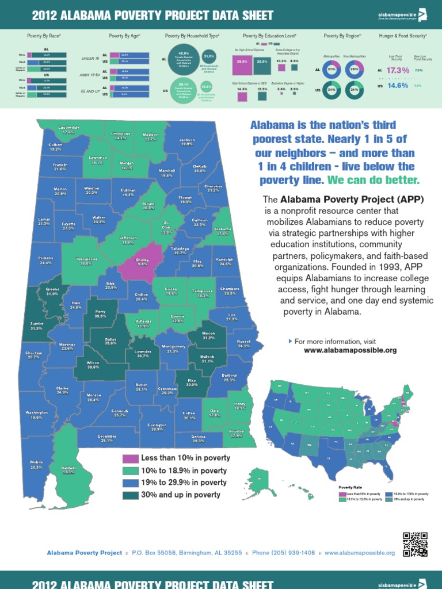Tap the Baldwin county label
click(68, 470)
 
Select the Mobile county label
click(37, 465)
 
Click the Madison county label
click(151, 136)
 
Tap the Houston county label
click(236, 433)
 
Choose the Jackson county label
click(187, 141)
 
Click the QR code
click(415, 544)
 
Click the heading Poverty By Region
click(342, 36)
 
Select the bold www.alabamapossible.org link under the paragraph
click(350, 350)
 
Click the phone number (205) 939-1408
click(284, 553)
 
